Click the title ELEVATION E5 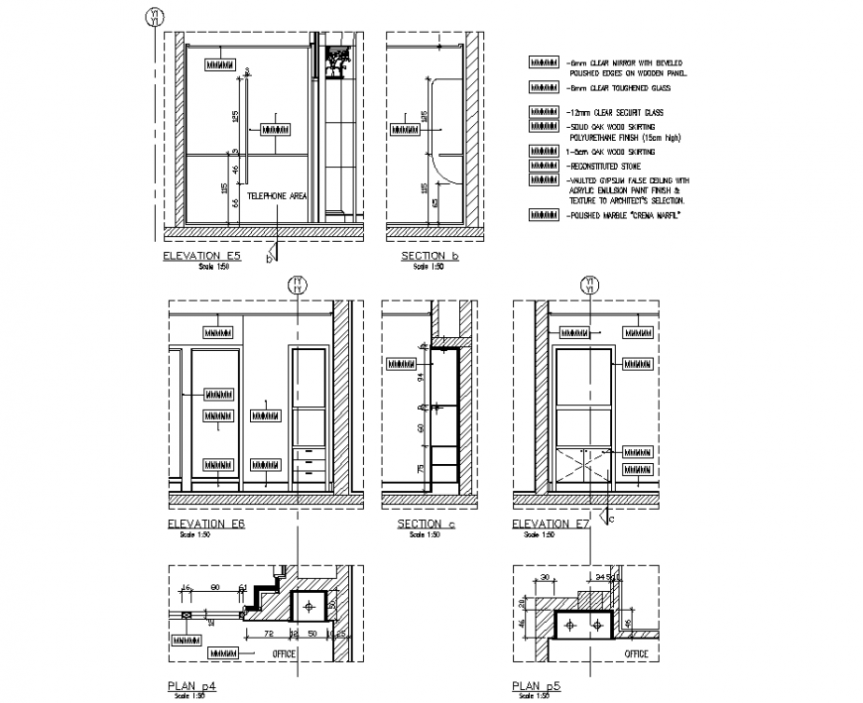(x=202, y=256)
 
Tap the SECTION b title (x=430, y=256)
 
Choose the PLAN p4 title (x=192, y=685)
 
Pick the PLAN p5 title (x=537, y=685)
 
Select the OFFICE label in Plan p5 (x=636, y=653)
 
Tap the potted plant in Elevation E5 (x=338, y=59)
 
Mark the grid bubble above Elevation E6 (x=297, y=286)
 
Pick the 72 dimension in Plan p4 (x=268, y=632)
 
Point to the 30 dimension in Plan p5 (x=545, y=576)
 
